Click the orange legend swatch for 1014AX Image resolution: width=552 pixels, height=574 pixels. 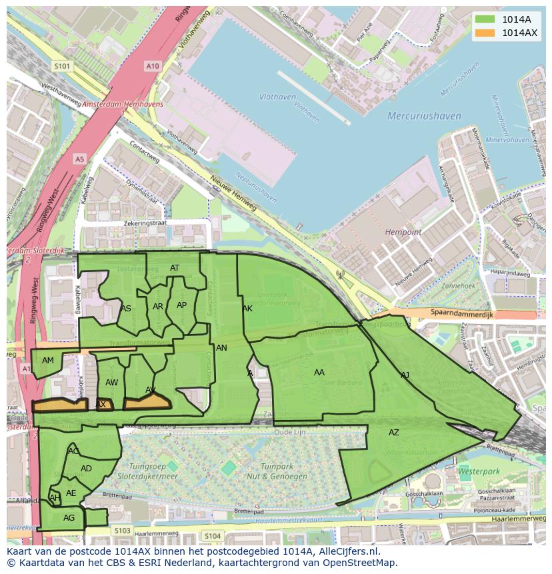pos(486,33)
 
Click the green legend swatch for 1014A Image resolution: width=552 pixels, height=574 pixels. pos(486,19)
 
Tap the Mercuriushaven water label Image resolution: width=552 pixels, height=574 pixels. pos(424,116)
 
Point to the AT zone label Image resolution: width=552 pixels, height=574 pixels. pos(175,268)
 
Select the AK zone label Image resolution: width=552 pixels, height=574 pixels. pos(247,309)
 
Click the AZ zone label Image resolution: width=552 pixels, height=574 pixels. pos(394,433)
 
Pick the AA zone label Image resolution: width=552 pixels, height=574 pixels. pos(319,373)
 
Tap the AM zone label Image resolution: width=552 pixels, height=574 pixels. pos(48,361)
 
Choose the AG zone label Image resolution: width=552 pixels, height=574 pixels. pos(69,518)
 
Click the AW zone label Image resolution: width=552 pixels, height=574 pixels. pos(112,383)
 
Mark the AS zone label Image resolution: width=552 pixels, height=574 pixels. pos(126,309)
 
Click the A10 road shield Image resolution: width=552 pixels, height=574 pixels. pos(153,66)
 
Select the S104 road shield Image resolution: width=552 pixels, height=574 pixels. pos(213,536)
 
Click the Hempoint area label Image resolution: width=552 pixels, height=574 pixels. pos(403,232)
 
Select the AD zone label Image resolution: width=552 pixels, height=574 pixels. pos(86,469)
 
